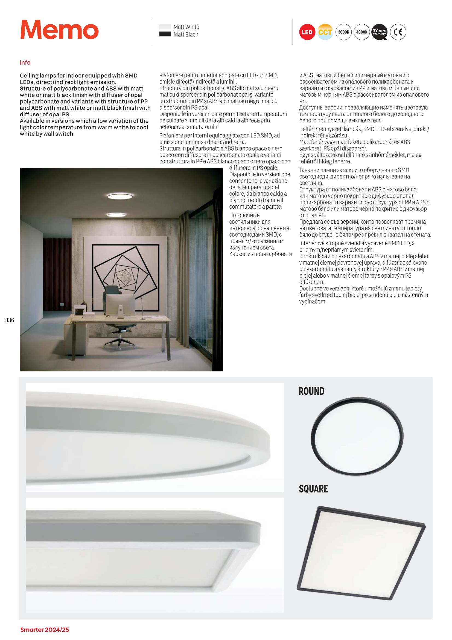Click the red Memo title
[x=59, y=30]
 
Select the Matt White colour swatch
[x=165, y=27]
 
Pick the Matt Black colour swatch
[x=165, y=34]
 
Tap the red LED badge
[x=307, y=32]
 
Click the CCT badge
[x=325, y=32]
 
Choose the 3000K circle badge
[x=343, y=32]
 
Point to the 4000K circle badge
[x=361, y=32]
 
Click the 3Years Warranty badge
[x=379, y=32]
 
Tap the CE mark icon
[x=398, y=32]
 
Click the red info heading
[x=25, y=62]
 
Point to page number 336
[x=10, y=320]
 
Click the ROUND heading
[x=311, y=391]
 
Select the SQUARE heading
[x=313, y=489]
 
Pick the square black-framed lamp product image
[x=361, y=553]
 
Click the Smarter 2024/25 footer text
[x=45, y=629]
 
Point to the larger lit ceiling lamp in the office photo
[x=120, y=197]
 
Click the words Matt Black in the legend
[x=186, y=34]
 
